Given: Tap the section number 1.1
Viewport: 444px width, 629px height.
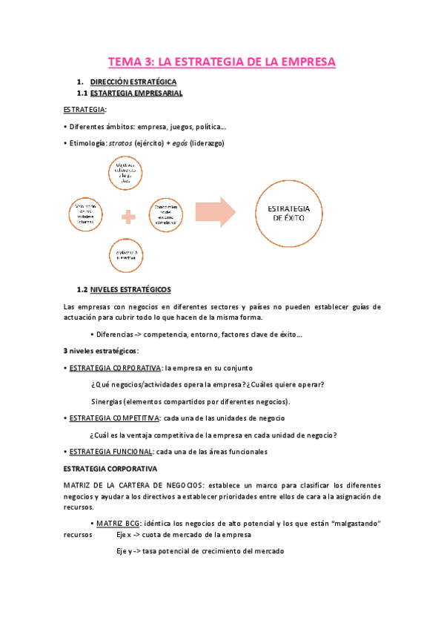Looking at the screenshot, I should point(83,93).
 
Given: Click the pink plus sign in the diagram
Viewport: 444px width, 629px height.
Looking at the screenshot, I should point(130,217).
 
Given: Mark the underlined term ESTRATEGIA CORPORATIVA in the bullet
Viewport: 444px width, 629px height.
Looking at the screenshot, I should point(115,367).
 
